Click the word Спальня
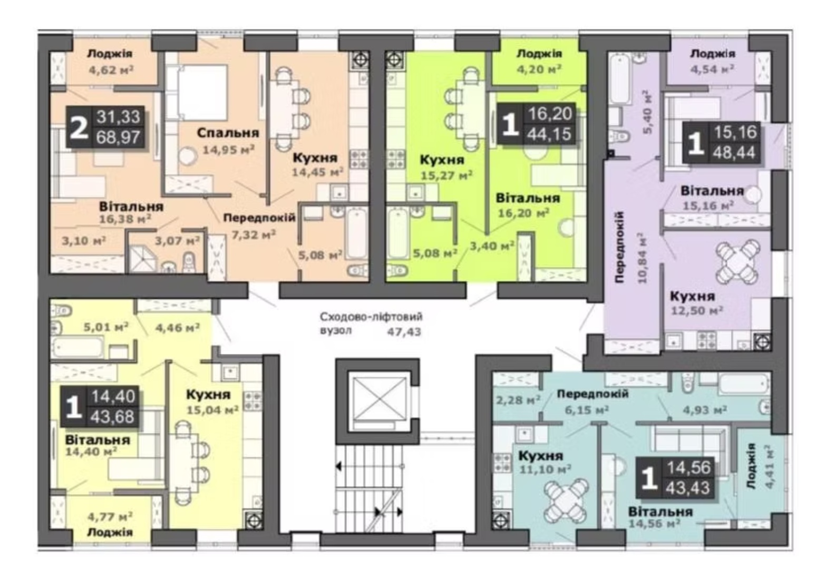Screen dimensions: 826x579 coord(228,133)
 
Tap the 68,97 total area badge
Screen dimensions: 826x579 coord(118,138)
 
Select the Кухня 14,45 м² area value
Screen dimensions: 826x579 coord(317,172)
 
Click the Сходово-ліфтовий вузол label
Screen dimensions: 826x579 coord(371,323)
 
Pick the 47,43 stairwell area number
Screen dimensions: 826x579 coord(404,332)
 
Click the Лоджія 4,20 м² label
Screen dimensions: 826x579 coord(539,61)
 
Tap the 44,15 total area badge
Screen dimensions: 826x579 coord(549,134)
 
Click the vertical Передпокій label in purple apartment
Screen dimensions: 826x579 coord(620,247)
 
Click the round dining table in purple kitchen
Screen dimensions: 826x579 coord(738,262)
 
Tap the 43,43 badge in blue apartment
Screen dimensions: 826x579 coord(687,488)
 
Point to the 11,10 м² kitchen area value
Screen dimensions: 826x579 coord(545,469)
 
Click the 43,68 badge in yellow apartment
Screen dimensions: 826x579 coord(112,417)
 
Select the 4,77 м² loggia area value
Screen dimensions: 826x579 coord(110,517)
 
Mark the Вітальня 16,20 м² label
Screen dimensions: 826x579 coord(527,205)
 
